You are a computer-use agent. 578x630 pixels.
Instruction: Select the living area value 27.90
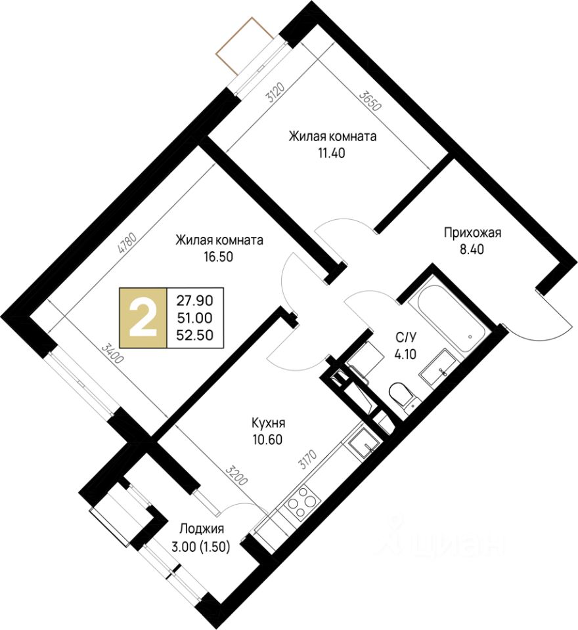pyautogui.click(x=195, y=301)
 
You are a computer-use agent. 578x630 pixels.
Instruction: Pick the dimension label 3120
pyautogui.click(x=276, y=93)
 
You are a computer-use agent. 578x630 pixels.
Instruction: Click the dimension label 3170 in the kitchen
pyautogui.click(x=307, y=459)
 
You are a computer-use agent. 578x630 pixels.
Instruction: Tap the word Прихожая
pyautogui.click(x=472, y=232)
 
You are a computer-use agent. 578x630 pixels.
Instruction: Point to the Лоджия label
pyautogui.click(x=202, y=529)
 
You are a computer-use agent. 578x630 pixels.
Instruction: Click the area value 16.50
pyautogui.click(x=219, y=257)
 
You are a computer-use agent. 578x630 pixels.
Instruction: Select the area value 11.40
pyautogui.click(x=332, y=153)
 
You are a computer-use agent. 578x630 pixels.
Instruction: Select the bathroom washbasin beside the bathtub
pyautogui.click(x=439, y=368)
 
